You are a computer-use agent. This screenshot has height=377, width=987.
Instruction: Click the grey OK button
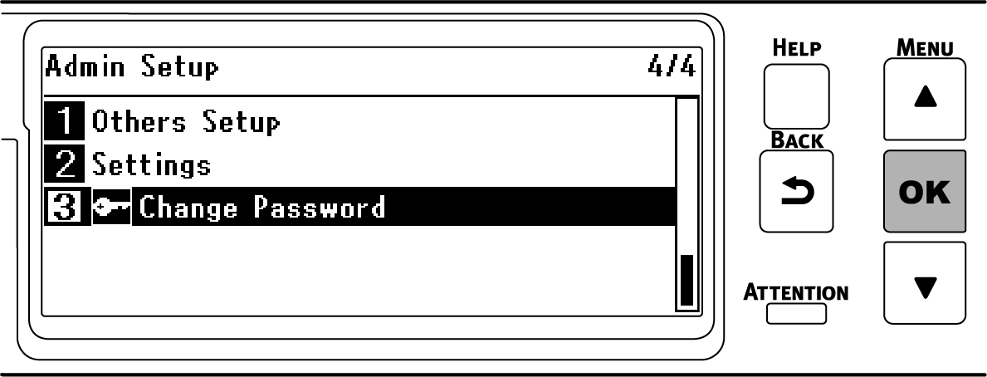click(924, 191)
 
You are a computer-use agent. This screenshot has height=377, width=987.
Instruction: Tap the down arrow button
click(924, 282)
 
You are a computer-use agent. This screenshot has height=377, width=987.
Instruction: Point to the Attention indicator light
click(796, 313)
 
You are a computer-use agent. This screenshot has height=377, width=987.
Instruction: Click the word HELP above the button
click(796, 48)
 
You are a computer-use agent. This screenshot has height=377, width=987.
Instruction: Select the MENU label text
click(924, 47)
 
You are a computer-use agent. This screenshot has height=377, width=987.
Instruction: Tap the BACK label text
click(796, 140)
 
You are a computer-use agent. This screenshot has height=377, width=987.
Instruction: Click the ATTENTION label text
click(796, 292)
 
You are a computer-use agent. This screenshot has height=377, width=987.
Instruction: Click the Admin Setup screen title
click(132, 66)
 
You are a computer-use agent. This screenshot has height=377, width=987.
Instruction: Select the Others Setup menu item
click(186, 123)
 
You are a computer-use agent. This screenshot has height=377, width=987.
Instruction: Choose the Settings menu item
click(151, 164)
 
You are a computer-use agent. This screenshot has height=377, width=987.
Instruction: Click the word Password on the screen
click(320, 206)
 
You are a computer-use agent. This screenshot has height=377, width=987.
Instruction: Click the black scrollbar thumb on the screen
click(687, 281)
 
